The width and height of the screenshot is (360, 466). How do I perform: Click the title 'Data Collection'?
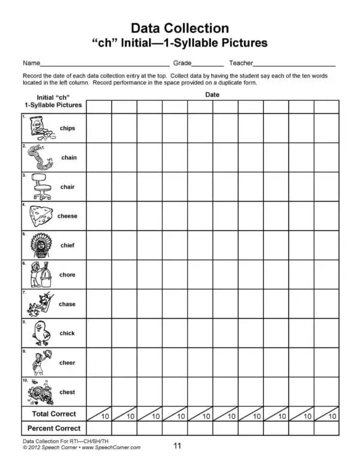(179, 28)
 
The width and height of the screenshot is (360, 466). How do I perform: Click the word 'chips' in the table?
(67, 128)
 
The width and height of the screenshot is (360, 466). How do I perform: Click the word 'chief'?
(67, 245)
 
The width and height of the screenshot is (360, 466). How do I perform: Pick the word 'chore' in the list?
(67, 275)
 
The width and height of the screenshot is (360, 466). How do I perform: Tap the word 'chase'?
(67, 304)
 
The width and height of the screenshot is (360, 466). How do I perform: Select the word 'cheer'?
(67, 363)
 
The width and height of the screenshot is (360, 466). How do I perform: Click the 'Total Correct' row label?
(54, 414)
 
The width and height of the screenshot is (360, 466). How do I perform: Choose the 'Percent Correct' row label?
(54, 429)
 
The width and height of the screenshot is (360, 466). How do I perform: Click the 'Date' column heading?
(212, 95)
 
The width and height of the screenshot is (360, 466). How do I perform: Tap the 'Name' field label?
(31, 63)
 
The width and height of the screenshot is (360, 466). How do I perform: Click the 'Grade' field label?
(182, 63)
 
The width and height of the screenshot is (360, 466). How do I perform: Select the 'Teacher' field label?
(241, 63)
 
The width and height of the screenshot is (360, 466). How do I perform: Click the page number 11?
(177, 446)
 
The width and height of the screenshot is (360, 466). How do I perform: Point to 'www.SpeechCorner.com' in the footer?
(111, 447)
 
